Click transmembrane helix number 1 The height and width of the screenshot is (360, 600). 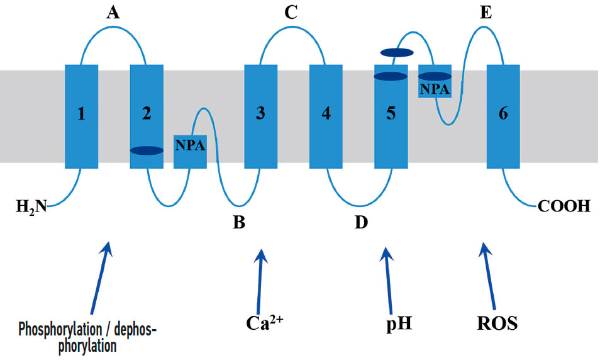82,116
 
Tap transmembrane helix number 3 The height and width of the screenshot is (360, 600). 260,116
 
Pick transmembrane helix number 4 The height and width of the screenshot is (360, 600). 326,116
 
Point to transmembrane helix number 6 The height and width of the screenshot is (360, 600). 503,116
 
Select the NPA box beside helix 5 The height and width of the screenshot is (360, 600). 435,89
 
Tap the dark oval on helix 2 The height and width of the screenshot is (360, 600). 147,150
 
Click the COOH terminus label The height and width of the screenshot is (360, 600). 564,206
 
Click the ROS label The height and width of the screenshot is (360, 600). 497,323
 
